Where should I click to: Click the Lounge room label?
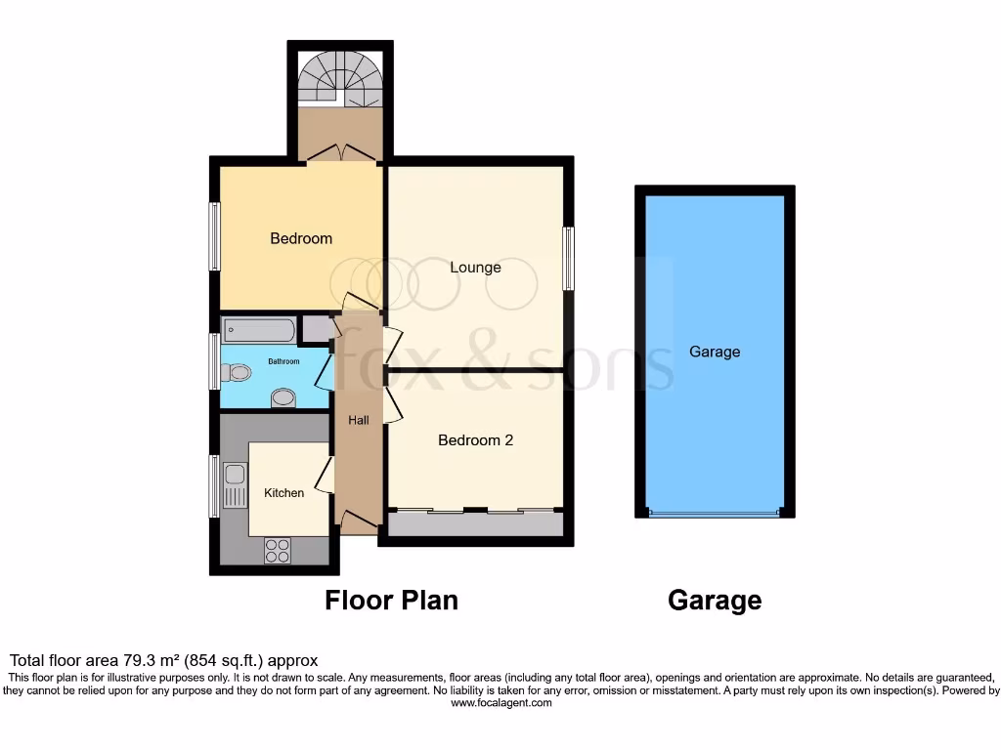click(x=475, y=268)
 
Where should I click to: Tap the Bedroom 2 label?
click(x=475, y=440)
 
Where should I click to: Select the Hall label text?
click(x=359, y=420)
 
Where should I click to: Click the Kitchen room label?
click(x=283, y=493)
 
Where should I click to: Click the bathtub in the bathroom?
click(x=258, y=329)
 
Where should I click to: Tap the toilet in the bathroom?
click(x=235, y=372)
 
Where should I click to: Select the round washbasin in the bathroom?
click(x=283, y=396)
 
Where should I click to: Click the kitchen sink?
click(x=234, y=485)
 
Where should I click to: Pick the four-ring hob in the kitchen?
click(x=277, y=551)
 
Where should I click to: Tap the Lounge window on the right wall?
click(x=568, y=258)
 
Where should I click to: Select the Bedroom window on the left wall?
click(x=214, y=236)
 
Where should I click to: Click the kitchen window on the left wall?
click(x=214, y=485)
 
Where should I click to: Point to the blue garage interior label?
click(x=715, y=352)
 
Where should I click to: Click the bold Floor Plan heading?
click(x=391, y=600)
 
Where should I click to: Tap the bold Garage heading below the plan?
click(x=715, y=600)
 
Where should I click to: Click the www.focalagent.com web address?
click(x=500, y=702)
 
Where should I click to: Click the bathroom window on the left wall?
click(x=214, y=363)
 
